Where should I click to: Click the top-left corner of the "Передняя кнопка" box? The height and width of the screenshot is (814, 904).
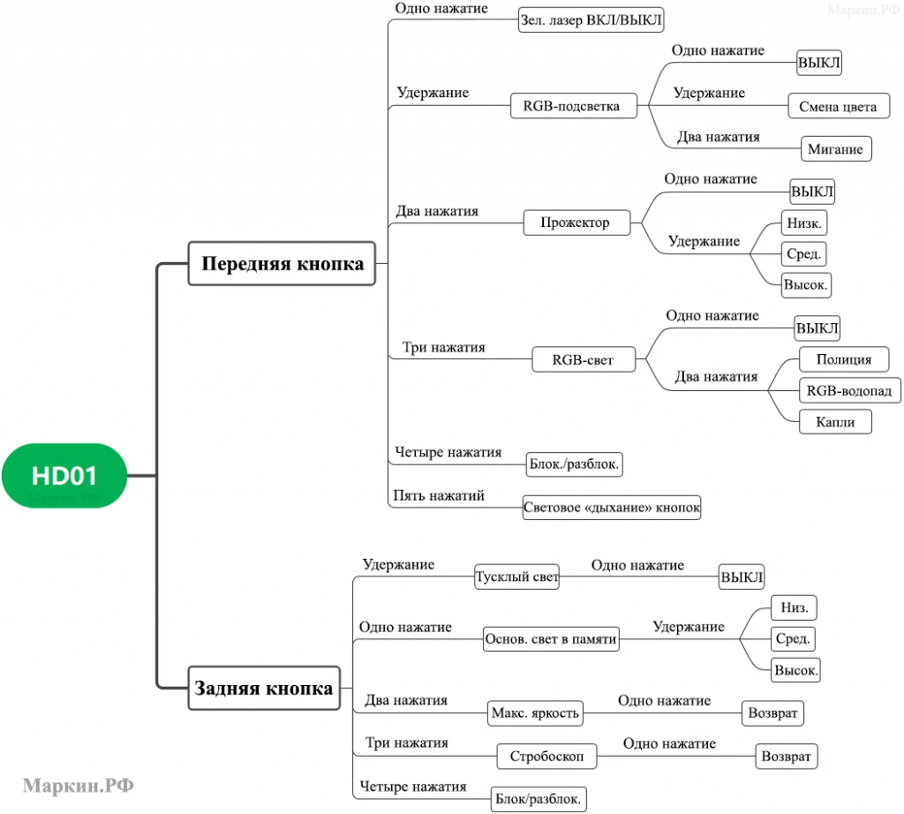[189, 242]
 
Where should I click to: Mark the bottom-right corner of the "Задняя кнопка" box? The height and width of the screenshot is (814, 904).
[340, 709]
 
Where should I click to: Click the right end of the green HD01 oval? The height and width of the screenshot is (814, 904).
[127, 476]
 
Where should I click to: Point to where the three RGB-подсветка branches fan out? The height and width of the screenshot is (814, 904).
[648, 105]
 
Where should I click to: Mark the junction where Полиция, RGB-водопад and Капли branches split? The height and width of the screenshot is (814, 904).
[768, 390]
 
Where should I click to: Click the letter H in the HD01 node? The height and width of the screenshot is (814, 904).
[41, 476]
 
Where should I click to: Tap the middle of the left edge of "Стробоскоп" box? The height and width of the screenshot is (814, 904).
[497, 756]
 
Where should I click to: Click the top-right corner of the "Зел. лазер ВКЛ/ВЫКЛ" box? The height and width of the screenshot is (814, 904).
[664, 7]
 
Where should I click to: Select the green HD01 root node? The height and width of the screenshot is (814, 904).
[64, 476]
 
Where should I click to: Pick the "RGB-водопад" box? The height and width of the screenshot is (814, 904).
[850, 390]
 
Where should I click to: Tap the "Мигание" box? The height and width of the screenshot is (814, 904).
[836, 148]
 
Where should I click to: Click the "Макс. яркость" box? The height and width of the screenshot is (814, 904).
[536, 713]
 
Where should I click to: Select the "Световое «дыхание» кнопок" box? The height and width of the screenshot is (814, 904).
[612, 508]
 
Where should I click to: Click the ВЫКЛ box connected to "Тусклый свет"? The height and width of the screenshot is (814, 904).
[742, 577]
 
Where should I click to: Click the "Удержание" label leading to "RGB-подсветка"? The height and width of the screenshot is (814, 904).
[433, 92]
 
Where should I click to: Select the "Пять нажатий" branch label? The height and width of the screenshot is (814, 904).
[439, 495]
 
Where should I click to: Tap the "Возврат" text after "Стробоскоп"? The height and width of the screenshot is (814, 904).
[787, 756]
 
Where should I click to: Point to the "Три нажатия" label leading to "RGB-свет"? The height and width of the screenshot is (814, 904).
[443, 347]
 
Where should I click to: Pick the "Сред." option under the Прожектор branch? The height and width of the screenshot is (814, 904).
[804, 253]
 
